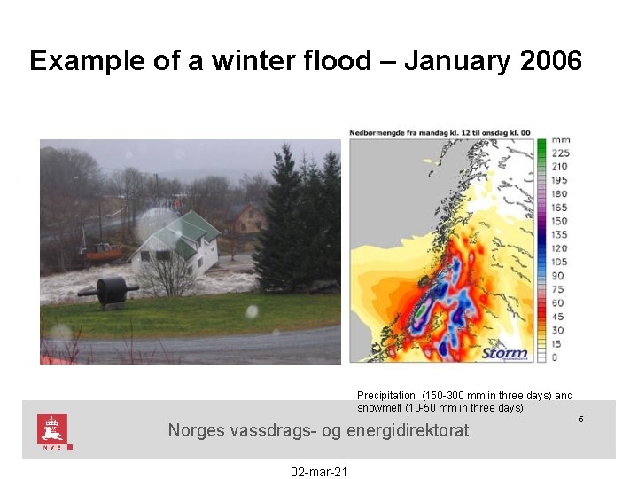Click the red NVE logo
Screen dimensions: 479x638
click(x=52, y=430)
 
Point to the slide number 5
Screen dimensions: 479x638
click(x=580, y=418)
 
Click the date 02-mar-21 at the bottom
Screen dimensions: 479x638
click(x=319, y=471)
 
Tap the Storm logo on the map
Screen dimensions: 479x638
click(x=503, y=352)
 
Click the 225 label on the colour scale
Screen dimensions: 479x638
click(x=559, y=153)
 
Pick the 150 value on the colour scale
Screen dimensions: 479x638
click(x=559, y=221)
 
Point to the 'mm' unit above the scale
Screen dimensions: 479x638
click(x=560, y=140)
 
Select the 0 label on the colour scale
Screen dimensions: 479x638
click(x=555, y=357)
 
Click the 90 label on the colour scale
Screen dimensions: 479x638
click(x=557, y=276)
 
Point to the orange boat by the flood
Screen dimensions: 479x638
click(x=100, y=251)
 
